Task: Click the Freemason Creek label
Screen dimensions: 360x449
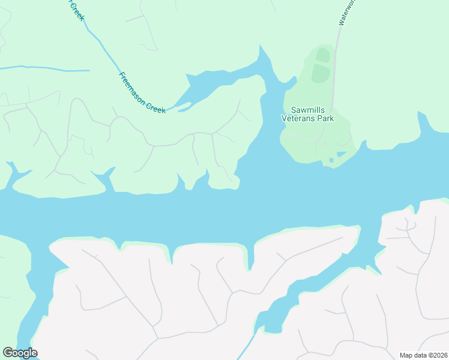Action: point(142,93)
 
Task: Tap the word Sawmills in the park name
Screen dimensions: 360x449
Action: point(307,110)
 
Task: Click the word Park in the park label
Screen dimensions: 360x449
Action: point(326,118)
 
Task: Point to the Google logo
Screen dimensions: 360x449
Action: point(20,353)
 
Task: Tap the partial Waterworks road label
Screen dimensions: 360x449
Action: point(347,12)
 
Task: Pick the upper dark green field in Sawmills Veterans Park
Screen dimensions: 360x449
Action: point(322,55)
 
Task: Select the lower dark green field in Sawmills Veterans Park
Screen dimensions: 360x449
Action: point(321,73)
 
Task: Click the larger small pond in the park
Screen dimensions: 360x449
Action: point(341,154)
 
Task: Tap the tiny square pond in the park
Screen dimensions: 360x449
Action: point(331,160)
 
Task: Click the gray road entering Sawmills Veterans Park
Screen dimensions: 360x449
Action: point(335,66)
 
